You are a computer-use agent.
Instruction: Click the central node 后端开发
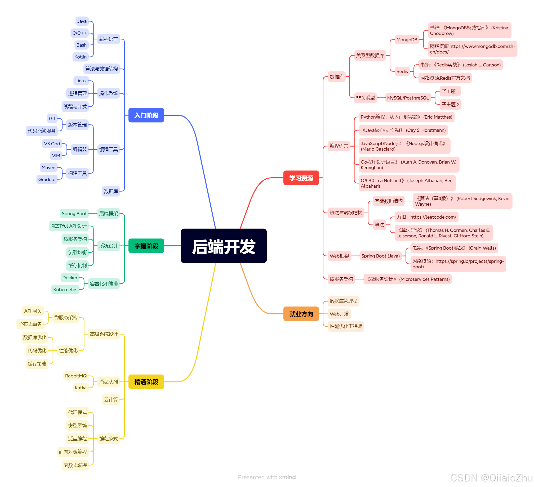click(224, 246)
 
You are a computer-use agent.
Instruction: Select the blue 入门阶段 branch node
click(146, 115)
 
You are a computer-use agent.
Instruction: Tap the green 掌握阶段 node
click(146, 246)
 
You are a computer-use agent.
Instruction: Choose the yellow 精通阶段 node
click(146, 382)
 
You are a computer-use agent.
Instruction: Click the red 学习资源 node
click(301, 178)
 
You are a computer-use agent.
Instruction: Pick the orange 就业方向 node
click(301, 314)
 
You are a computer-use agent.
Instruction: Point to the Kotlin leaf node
click(80, 57)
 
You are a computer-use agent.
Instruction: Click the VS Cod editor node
click(52, 144)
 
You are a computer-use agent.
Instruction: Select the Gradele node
click(47, 179)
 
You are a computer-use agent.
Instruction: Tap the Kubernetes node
click(65, 290)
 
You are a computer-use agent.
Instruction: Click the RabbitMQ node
click(76, 376)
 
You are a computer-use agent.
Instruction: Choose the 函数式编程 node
click(75, 465)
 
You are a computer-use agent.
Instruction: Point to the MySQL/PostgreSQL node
click(408, 98)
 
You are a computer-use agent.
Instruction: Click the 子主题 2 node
click(450, 105)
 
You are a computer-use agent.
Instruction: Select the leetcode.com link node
click(426, 217)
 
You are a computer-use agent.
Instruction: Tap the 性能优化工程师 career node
click(346, 326)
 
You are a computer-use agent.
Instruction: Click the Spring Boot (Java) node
click(380, 256)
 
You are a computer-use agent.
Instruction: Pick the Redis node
click(402, 71)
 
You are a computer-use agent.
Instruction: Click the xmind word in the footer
click(287, 477)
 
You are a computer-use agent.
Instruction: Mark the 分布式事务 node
click(30, 324)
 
